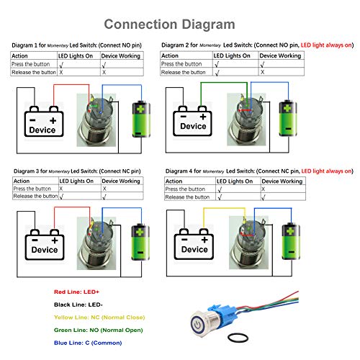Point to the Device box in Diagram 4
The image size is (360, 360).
point(193,241)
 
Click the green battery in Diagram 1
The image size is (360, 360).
point(140,119)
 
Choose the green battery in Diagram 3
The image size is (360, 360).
point(139,240)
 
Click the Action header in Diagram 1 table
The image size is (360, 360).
point(22,55)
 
